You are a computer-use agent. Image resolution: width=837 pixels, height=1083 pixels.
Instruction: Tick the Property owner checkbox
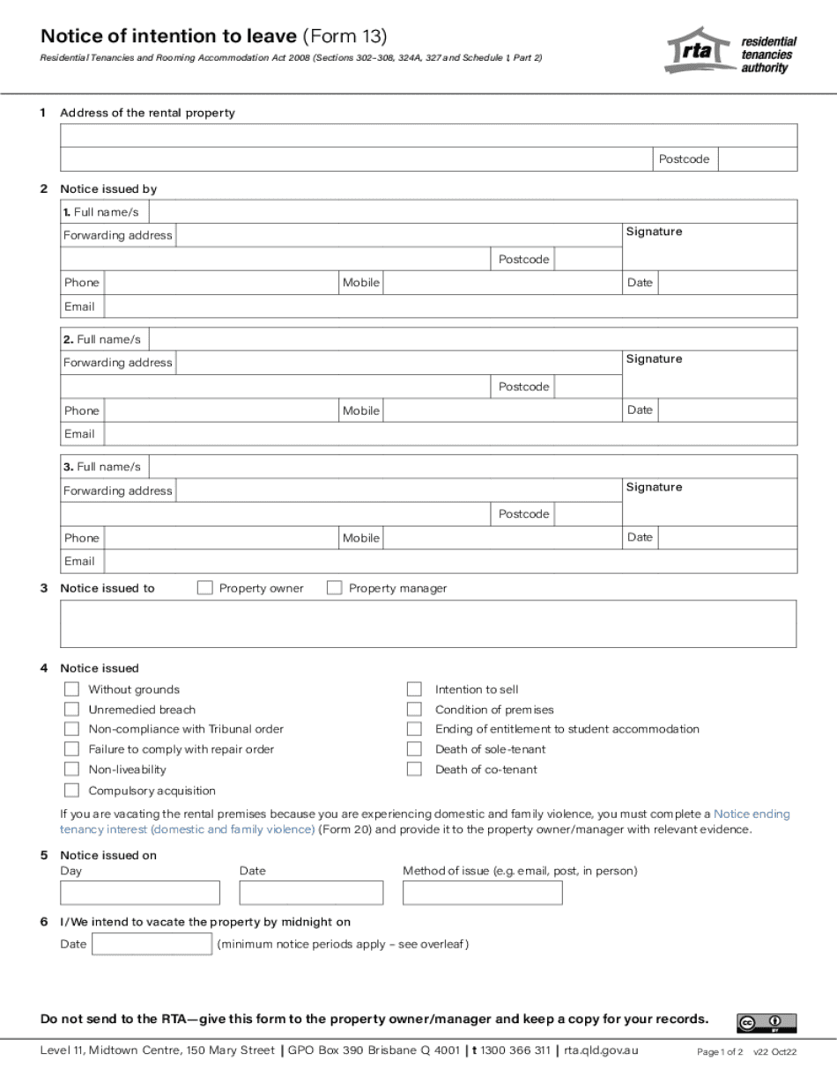pyautogui.click(x=205, y=588)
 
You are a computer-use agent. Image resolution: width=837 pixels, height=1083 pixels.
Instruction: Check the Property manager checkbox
pyautogui.click(x=335, y=588)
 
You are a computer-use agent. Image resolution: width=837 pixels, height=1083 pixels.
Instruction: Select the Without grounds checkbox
pyautogui.click(x=71, y=689)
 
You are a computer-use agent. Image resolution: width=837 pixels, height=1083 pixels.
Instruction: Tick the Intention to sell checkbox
pyautogui.click(x=414, y=689)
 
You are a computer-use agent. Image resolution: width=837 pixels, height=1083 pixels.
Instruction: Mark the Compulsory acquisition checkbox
pyautogui.click(x=71, y=791)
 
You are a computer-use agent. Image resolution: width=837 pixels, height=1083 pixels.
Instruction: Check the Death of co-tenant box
pyautogui.click(x=414, y=770)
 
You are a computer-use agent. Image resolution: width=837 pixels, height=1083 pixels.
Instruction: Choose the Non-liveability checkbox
pyautogui.click(x=71, y=770)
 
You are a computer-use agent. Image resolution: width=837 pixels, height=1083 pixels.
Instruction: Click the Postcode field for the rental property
pyautogui.click(x=758, y=159)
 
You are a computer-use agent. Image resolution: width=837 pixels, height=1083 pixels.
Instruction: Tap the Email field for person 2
pyautogui.click(x=450, y=434)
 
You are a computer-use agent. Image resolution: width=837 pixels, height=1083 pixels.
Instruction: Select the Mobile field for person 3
pyautogui.click(x=502, y=538)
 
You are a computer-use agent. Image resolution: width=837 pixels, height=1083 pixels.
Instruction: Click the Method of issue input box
pyautogui.click(x=482, y=893)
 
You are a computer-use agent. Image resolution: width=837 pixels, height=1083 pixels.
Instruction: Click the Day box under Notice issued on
pyautogui.click(x=139, y=893)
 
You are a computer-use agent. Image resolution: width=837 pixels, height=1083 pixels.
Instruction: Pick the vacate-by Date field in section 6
pyautogui.click(x=152, y=945)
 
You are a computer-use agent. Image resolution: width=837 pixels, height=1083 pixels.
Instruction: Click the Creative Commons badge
pyautogui.click(x=766, y=1022)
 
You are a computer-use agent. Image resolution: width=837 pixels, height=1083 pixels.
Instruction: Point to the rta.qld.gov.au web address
pyautogui.click(x=602, y=1050)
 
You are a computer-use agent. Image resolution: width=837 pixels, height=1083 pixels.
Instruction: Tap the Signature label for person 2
pyautogui.click(x=654, y=359)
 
